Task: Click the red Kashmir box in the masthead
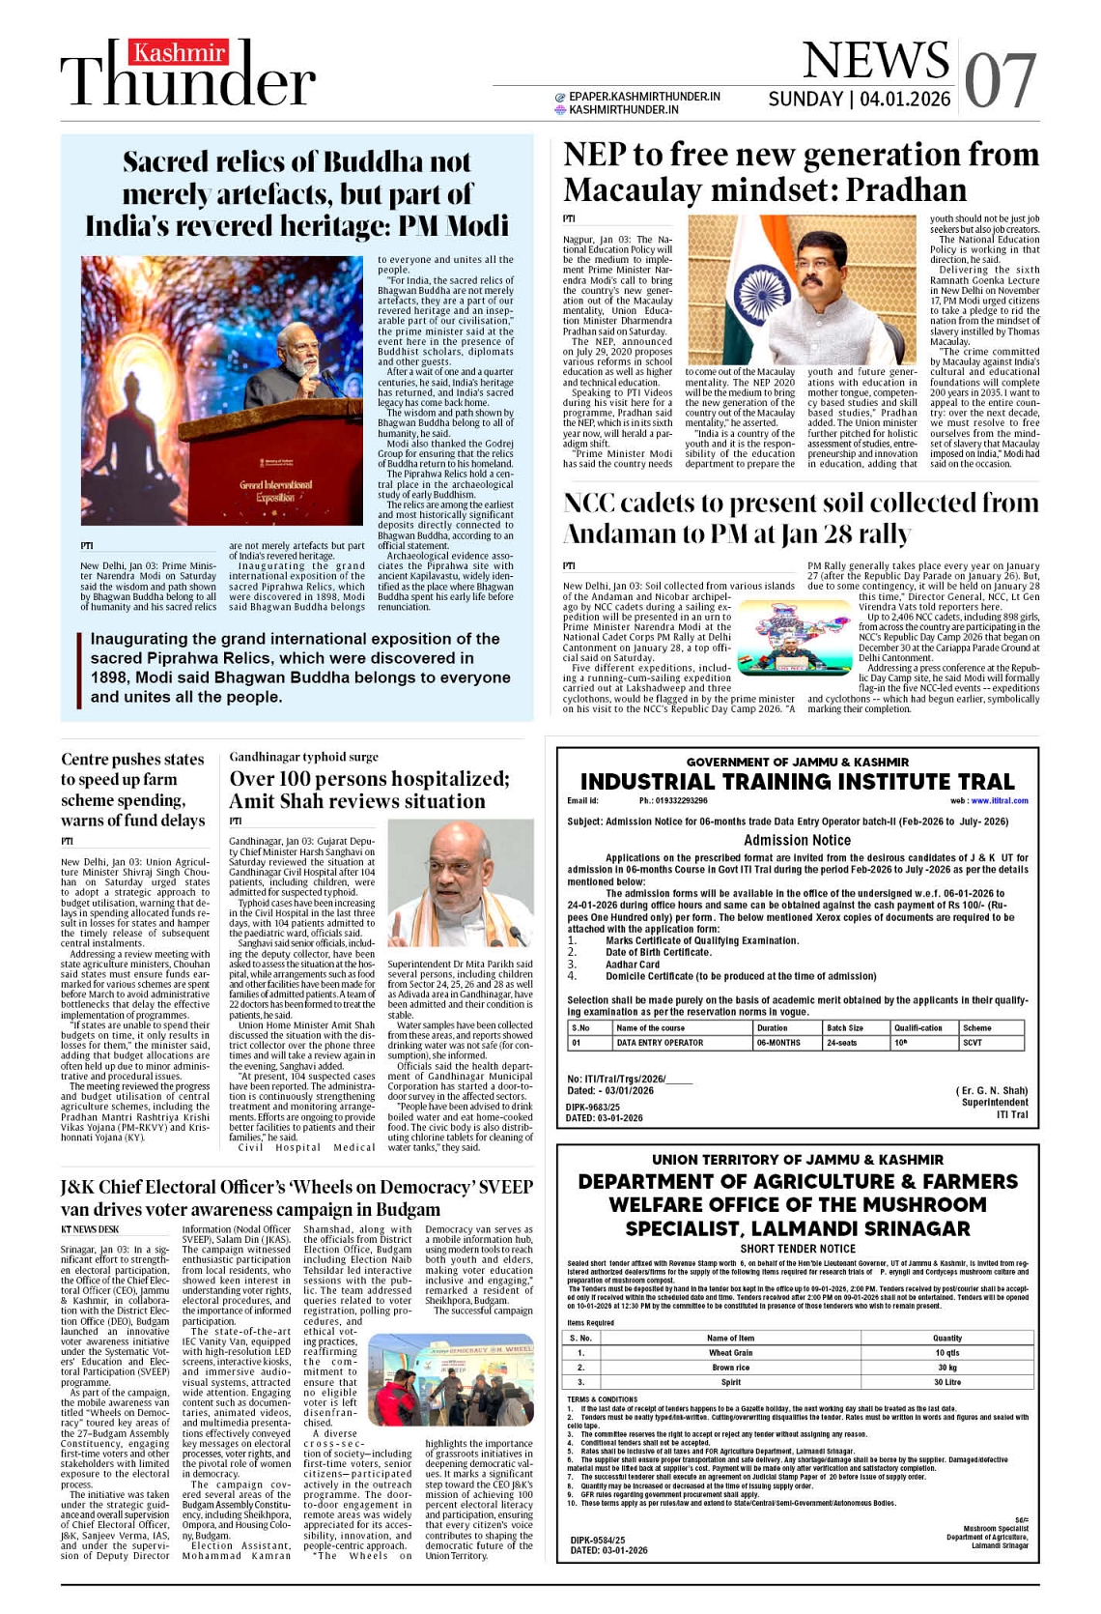pos(181,53)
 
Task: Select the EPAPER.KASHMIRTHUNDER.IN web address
pos(644,97)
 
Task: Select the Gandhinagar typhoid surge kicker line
pos(303,757)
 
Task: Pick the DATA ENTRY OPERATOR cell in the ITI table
pos(660,1043)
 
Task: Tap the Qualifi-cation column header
pos(917,1028)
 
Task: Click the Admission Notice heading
pos(797,841)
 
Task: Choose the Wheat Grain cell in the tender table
pos(730,1353)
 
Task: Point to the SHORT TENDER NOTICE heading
pos(798,1249)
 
